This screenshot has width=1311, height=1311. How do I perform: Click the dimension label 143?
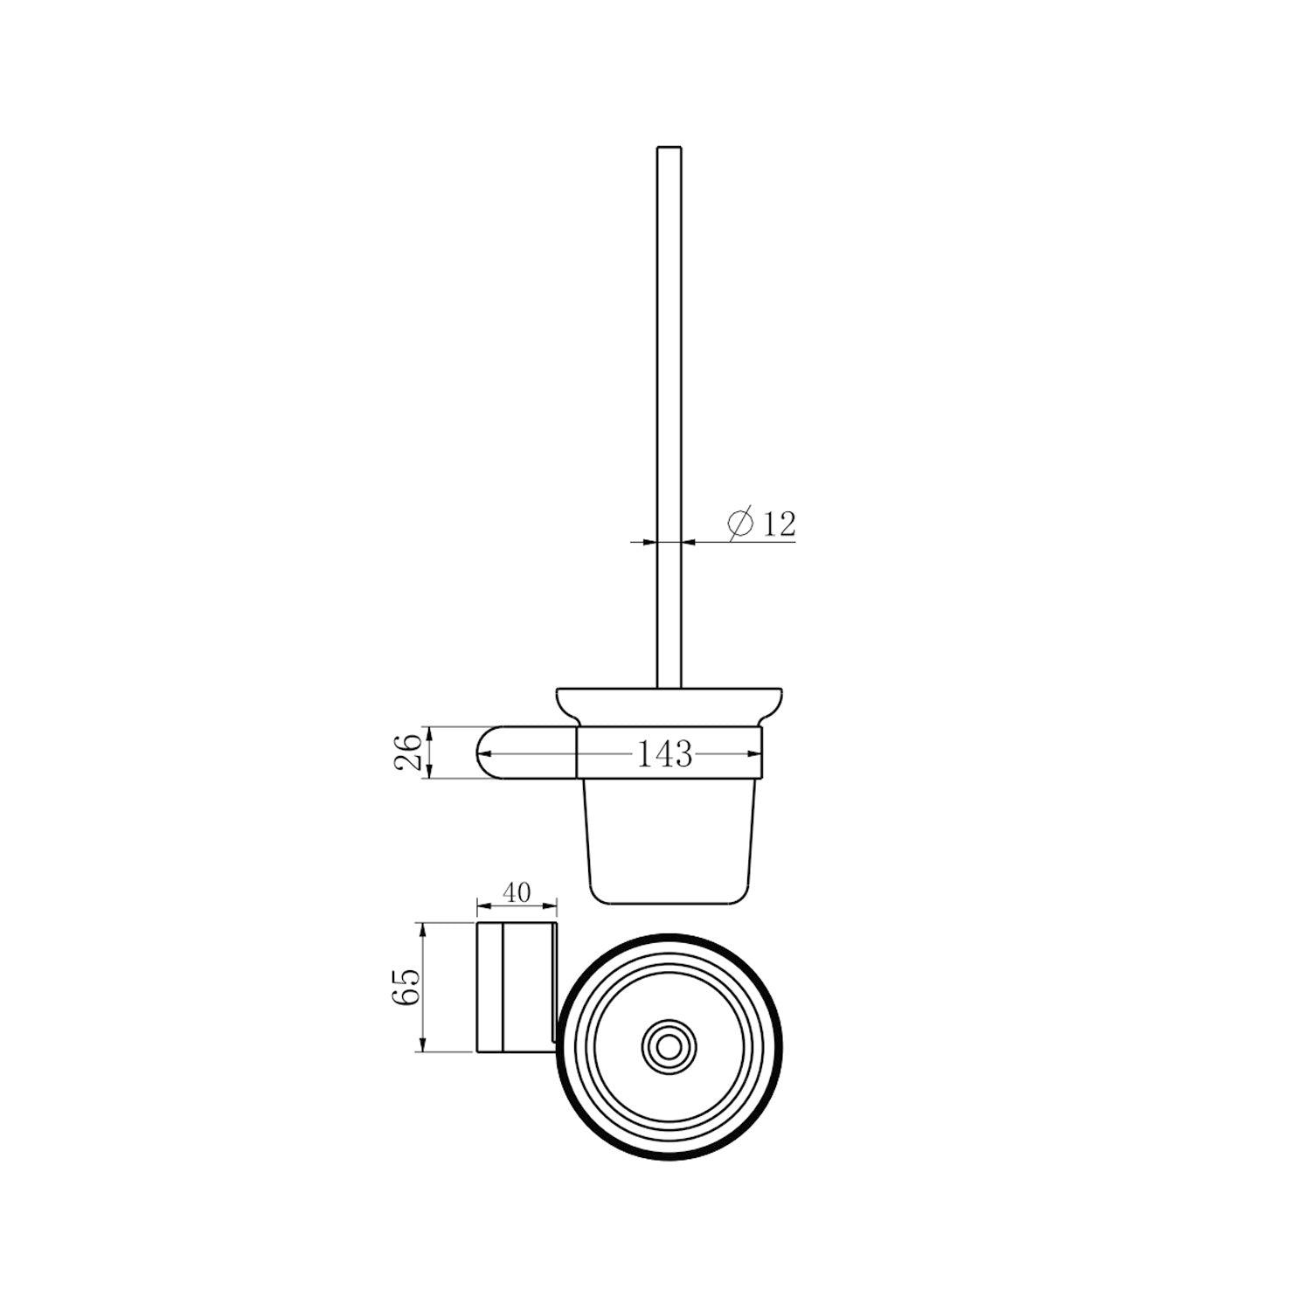pyautogui.click(x=664, y=753)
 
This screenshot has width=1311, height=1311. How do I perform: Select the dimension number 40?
pyautogui.click(x=517, y=892)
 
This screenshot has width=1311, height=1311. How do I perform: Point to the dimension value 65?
pyautogui.click(x=408, y=985)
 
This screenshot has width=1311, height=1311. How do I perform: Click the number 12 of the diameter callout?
pyautogui.click(x=779, y=524)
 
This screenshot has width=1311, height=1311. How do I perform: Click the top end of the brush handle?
pyautogui.click(x=669, y=149)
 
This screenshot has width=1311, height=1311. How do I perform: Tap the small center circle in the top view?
pyautogui.click(x=669, y=1044)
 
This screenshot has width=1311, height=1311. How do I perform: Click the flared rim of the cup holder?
pyautogui.click(x=669, y=699)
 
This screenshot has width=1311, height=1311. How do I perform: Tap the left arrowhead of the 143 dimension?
pyautogui.click(x=584, y=753)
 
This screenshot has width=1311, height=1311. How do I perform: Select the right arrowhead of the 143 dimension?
pyautogui.click(x=753, y=753)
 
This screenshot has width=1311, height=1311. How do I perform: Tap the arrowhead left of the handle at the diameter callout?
pyautogui.click(x=649, y=542)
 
